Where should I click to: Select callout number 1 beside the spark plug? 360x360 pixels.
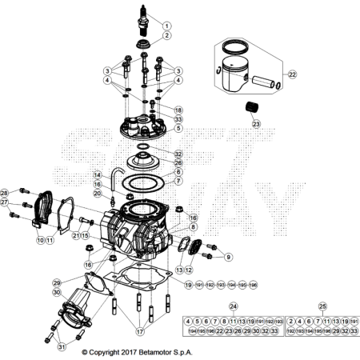pyautogui.click(x=166, y=26)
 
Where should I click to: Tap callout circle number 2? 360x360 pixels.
pyautogui.click(x=166, y=36)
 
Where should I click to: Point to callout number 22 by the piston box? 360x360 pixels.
pyautogui.click(x=292, y=74)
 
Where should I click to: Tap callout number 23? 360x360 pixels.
pyautogui.click(x=256, y=124)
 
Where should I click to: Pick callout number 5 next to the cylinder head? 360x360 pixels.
pyautogui.click(x=178, y=127)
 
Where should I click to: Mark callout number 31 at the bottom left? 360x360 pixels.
pyautogui.click(x=62, y=346)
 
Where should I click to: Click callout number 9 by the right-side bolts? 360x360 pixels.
pyautogui.click(x=228, y=257)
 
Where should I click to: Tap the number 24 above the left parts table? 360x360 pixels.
pyautogui.click(x=234, y=306)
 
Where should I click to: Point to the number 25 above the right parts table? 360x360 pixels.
pyautogui.click(x=322, y=306)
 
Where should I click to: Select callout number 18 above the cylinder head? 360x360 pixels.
pyautogui.click(x=178, y=110)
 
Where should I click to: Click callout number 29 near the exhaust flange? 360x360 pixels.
pyautogui.click(x=57, y=283)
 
